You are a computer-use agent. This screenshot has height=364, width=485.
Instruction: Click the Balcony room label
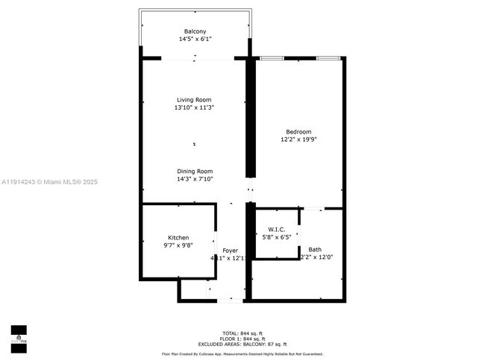click(195, 31)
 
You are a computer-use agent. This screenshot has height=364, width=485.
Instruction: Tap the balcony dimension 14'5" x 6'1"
click(195, 39)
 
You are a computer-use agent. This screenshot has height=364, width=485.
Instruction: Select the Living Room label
click(194, 100)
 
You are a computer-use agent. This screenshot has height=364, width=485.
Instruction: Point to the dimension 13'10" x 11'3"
click(194, 108)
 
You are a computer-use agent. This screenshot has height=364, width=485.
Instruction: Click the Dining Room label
click(195, 171)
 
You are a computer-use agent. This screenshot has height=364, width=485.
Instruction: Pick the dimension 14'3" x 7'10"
click(195, 179)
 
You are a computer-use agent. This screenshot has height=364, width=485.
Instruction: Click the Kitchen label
click(178, 237)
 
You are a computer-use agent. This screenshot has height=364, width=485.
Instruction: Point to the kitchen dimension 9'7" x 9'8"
click(178, 245)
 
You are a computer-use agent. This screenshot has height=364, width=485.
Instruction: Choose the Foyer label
click(230, 251)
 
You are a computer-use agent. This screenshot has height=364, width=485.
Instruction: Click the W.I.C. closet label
click(276, 229)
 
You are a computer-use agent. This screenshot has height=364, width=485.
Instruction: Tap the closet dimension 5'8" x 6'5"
click(276, 237)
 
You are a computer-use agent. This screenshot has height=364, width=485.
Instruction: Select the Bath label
click(315, 249)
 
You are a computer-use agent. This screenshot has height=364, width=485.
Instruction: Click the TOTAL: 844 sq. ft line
click(242, 333)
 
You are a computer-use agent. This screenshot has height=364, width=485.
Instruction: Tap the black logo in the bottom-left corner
click(19, 338)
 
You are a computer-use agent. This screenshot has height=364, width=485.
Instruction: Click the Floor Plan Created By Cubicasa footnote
click(242, 354)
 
